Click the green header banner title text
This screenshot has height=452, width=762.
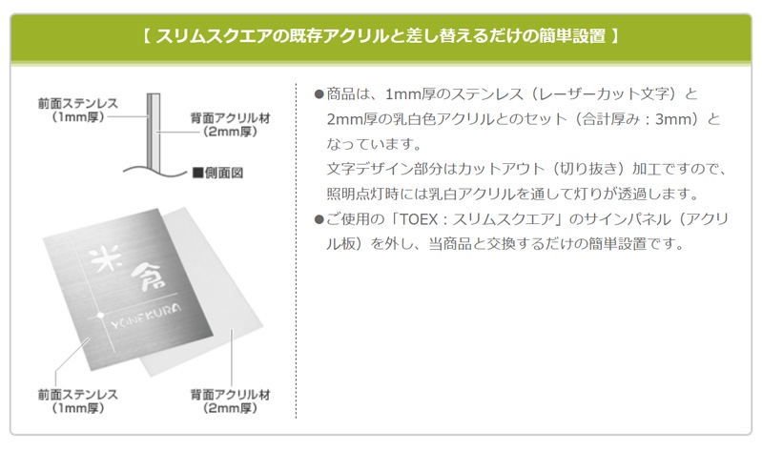[381, 36]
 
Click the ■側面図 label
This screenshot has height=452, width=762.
[217, 173]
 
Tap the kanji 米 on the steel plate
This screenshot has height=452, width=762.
[106, 259]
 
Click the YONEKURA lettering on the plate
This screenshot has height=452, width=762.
[145, 316]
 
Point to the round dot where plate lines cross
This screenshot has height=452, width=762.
[100, 315]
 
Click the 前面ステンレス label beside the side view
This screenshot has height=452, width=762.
[78, 110]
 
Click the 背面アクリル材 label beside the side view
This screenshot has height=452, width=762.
[230, 124]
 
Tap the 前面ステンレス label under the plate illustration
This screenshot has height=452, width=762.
[78, 401]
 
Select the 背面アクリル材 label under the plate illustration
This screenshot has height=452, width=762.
[230, 401]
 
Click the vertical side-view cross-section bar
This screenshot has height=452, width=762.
[154, 133]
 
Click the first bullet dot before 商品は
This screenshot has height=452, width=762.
[319, 94]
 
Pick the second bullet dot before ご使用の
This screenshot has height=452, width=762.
[319, 219]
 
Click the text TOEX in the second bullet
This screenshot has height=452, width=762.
[419, 219]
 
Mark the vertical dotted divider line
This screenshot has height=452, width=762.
[296, 250]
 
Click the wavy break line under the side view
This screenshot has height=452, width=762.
[154, 171]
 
